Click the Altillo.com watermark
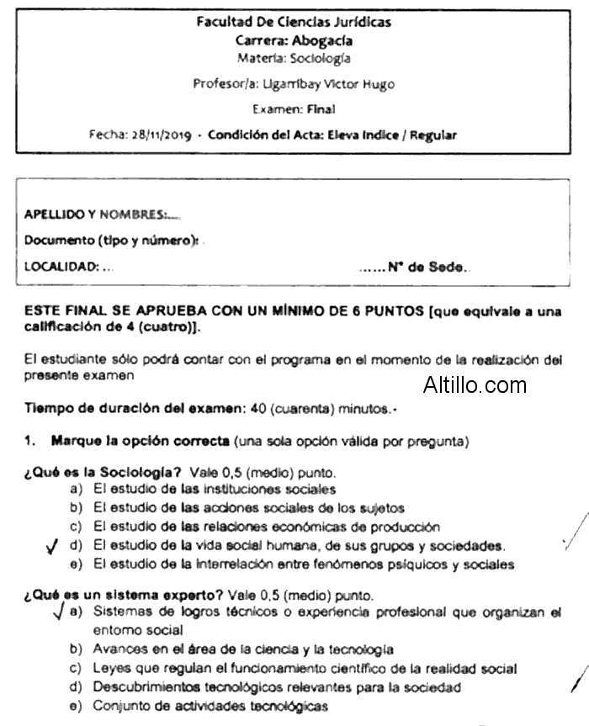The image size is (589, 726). click(x=475, y=386)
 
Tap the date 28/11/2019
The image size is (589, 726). click(x=159, y=135)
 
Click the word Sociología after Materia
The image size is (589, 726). click(x=320, y=59)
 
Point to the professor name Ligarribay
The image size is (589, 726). click(x=291, y=84)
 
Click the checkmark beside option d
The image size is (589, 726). click(x=52, y=547)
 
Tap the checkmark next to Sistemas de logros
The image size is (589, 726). click(x=56, y=612)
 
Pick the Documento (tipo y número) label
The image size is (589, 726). click(x=111, y=241)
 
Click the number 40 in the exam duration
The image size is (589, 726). click(x=259, y=410)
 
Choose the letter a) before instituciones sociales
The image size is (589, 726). click(x=76, y=489)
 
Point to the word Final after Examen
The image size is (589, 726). click(x=321, y=109)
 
